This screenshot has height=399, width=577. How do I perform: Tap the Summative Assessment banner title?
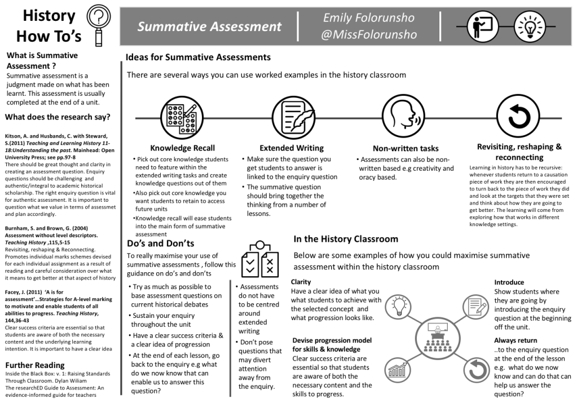point(209,26)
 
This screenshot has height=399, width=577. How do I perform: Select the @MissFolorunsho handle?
point(369,35)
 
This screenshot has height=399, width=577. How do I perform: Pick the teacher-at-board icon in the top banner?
point(479,26)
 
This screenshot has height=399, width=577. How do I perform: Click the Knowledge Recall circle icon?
point(179,117)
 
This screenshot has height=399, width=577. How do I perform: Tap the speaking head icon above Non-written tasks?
point(401,117)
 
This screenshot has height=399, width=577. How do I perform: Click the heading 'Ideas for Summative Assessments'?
point(198,57)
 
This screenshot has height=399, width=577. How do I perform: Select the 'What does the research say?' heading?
point(58,117)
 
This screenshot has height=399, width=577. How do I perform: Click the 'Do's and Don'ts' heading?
point(161,243)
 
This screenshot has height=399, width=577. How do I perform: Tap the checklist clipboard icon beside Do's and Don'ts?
point(260,260)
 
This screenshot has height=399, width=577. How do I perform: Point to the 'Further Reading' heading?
point(35,365)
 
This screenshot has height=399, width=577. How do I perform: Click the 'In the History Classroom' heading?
point(346,239)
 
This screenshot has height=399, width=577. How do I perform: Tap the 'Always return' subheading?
point(516,340)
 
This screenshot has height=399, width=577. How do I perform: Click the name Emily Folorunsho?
point(369,17)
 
